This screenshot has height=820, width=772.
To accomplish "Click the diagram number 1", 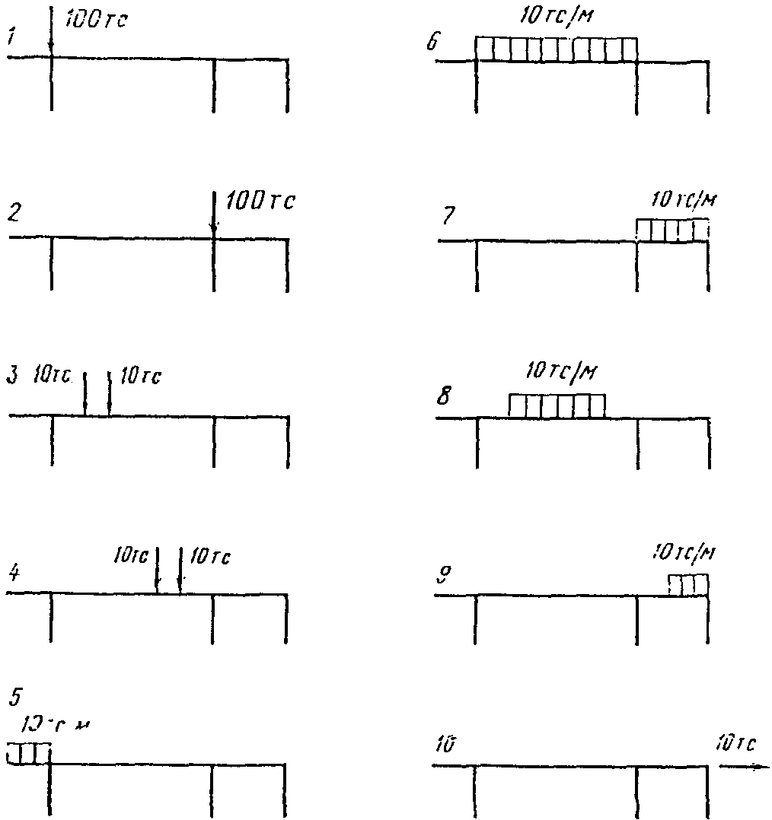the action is point(11,37).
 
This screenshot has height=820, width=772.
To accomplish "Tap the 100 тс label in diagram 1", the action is point(95,21).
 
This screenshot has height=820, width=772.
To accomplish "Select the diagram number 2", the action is point(13,215).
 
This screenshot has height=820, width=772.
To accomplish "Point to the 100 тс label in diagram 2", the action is point(260,202).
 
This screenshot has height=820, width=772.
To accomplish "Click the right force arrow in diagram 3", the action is point(110,393).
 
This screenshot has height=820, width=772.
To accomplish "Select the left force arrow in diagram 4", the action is point(157,569).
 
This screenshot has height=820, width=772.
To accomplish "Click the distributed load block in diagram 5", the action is point(28,753).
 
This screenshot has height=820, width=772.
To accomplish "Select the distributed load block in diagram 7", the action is point(672,230).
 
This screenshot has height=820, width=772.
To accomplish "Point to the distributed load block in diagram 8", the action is point(557,405).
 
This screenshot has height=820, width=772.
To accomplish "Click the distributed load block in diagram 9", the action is point(688,585).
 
